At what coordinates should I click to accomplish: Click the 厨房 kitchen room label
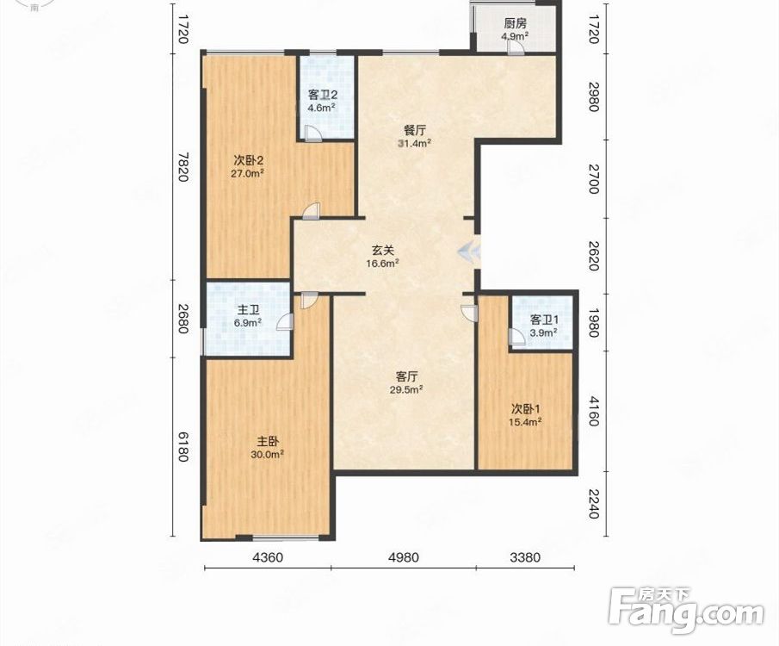click(x=516, y=23)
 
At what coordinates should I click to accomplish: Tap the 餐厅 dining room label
click(x=414, y=131)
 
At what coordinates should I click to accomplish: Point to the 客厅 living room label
click(x=406, y=376)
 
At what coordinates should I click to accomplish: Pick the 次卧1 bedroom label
click(x=526, y=409)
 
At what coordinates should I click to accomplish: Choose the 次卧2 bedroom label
click(x=248, y=160)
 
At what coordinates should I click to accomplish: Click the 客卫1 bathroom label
click(x=543, y=320)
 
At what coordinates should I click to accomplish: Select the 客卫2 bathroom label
click(x=323, y=95)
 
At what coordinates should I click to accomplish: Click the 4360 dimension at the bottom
click(x=268, y=557)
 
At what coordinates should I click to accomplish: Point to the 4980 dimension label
click(x=404, y=557)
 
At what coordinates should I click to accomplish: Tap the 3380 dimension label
click(x=524, y=557)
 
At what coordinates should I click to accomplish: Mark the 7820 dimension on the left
click(x=182, y=167)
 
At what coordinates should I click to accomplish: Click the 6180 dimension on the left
click(x=182, y=446)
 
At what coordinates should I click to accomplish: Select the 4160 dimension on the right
click(x=593, y=411)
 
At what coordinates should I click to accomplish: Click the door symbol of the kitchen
click(x=515, y=47)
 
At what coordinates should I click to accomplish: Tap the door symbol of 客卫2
click(x=313, y=134)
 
